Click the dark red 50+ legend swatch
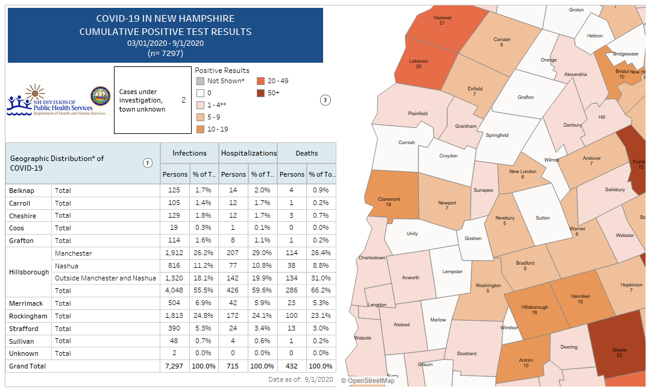pyautogui.click(x=260, y=93)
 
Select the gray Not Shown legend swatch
pyautogui.click(x=200, y=81)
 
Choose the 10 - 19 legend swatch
pyautogui.click(x=200, y=129)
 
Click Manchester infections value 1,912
pyautogui.click(x=174, y=253)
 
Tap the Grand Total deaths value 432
pyautogui.click(x=292, y=366)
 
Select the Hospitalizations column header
pyautogui.click(x=248, y=153)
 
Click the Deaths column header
pyautogui.click(x=306, y=153)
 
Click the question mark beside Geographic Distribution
pyautogui.click(x=148, y=163)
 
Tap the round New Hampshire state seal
pyautogui.click(x=100, y=96)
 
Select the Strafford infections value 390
pyautogui.click(x=175, y=329)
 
